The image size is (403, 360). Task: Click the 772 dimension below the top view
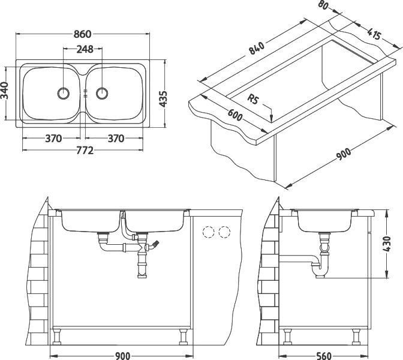[x=83, y=151]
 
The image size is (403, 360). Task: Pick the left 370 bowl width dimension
[x=53, y=139]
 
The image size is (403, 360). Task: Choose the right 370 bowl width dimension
[x=116, y=139]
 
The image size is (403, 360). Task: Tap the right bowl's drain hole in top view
[x=102, y=93]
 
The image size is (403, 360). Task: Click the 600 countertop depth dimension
[x=235, y=114]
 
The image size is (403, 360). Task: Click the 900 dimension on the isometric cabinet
[x=343, y=154]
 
